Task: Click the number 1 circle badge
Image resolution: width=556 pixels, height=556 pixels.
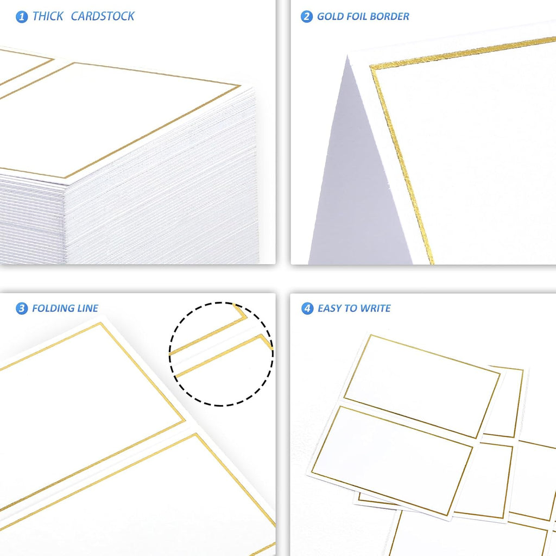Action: click(x=22, y=17)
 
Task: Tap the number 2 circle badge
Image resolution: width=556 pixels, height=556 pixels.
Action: click(x=307, y=17)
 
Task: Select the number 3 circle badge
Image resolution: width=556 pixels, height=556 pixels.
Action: click(x=22, y=308)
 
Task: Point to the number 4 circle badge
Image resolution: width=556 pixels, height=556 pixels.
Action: click(x=307, y=308)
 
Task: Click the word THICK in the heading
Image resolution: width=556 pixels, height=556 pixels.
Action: click(x=48, y=16)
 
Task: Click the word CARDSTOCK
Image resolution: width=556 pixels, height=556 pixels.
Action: click(x=103, y=16)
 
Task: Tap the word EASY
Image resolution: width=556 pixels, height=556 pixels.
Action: click(x=330, y=308)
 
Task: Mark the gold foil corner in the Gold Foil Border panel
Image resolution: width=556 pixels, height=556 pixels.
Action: click(x=371, y=67)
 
